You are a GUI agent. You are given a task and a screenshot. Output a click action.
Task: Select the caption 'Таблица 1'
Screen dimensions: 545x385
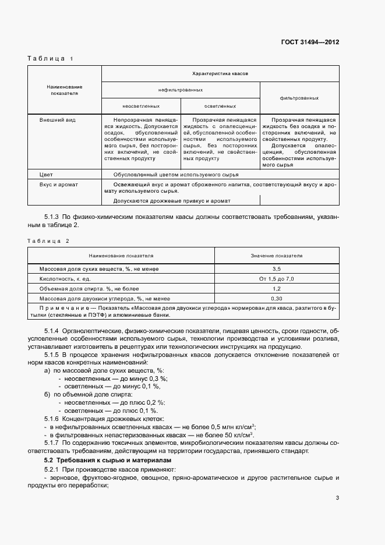[51, 59]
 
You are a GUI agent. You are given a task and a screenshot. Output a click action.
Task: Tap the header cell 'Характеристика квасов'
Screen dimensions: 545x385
[220, 74]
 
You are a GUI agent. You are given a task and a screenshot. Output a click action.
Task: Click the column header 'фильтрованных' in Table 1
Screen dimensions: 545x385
[299, 98]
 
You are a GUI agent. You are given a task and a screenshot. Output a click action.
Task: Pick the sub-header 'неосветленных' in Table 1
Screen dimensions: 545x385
[141, 106]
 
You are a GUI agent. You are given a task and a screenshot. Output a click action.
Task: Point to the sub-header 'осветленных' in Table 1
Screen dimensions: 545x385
[220, 106]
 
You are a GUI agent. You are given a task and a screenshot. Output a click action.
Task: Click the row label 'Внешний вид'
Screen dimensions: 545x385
[54, 119]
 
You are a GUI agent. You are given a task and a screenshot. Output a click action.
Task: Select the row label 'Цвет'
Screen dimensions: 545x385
[45, 174]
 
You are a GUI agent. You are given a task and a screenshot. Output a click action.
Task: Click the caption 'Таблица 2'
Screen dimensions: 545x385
[48, 240]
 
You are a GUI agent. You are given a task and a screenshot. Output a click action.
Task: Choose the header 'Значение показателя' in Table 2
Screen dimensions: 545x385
[277, 256]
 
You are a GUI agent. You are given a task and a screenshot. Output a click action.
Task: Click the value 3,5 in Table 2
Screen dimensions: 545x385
[277, 269]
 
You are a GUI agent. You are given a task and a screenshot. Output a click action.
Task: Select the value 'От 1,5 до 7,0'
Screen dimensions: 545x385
[277, 279]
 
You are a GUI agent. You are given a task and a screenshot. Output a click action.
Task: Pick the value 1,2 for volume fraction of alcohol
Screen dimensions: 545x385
[277, 289]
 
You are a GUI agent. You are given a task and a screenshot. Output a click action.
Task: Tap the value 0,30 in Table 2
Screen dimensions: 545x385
[277, 298]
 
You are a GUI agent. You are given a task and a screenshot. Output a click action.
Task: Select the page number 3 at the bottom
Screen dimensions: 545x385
[337, 497]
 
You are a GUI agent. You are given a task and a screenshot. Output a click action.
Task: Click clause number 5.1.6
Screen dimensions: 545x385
[52, 419]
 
